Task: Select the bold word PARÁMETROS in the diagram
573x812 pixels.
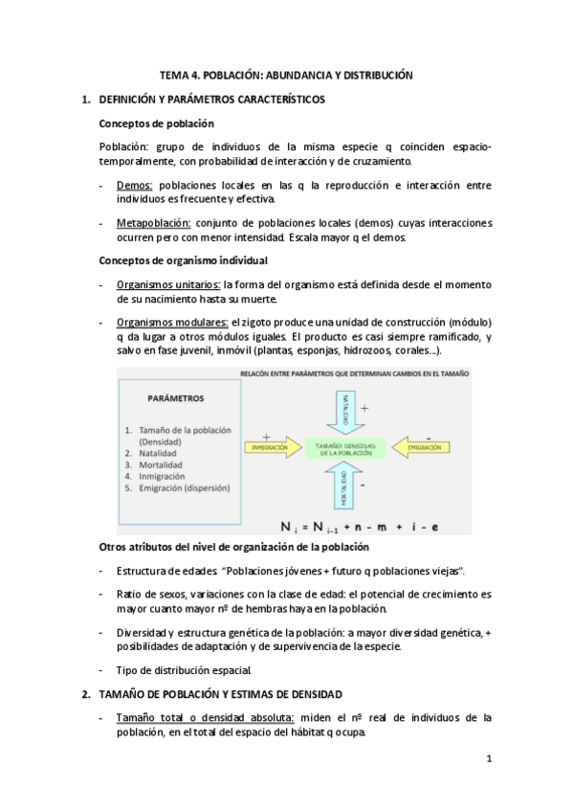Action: (175, 397)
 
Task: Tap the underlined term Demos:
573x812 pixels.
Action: (134, 185)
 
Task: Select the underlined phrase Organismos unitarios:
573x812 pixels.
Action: (168, 284)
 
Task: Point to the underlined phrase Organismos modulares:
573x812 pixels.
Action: (172, 323)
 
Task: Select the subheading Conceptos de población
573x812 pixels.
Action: (156, 124)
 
